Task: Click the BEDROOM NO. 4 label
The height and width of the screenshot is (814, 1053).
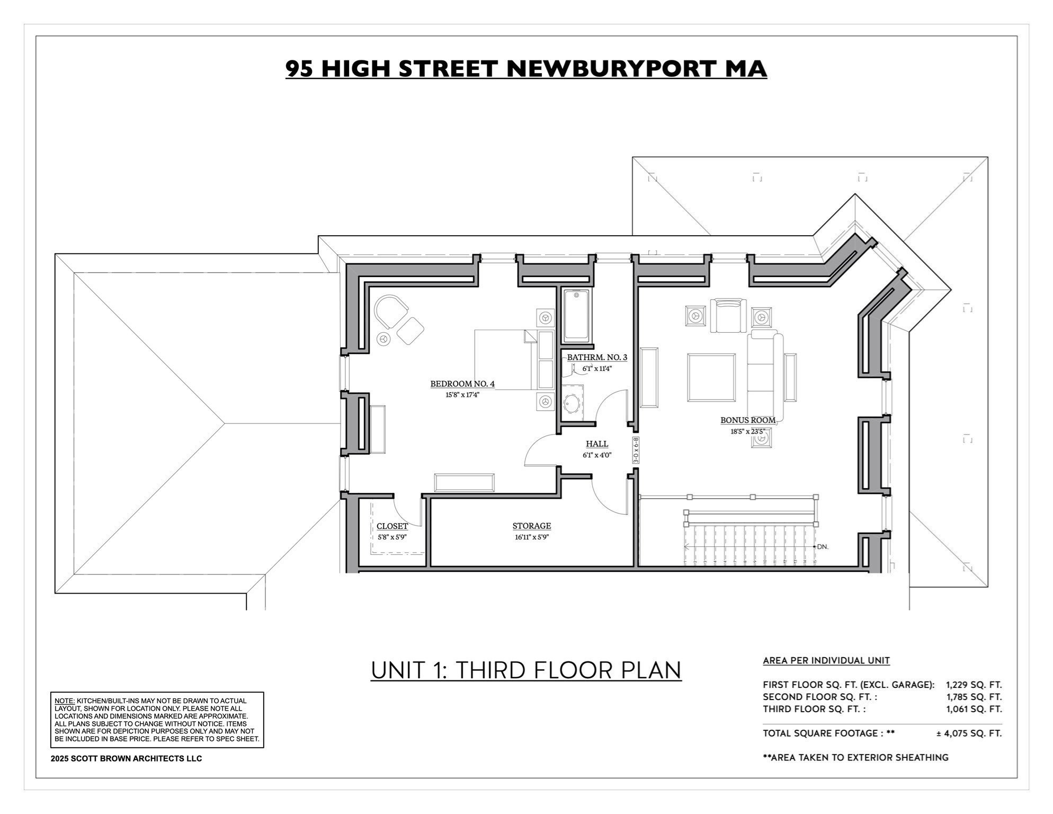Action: [x=462, y=384]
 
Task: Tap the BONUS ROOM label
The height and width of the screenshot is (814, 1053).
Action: [x=747, y=420]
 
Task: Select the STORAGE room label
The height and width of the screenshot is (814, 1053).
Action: [x=531, y=526]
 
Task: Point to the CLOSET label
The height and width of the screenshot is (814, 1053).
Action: [x=392, y=526]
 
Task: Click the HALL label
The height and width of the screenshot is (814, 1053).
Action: [x=597, y=444]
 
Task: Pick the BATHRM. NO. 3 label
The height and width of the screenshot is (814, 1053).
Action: [x=597, y=357]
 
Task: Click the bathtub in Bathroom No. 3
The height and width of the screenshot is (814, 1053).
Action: [x=576, y=315]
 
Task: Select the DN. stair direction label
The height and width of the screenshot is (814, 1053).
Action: [x=822, y=546]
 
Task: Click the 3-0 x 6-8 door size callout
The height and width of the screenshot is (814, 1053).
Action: [x=636, y=450]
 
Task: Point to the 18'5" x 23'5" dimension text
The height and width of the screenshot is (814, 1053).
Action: [x=747, y=431]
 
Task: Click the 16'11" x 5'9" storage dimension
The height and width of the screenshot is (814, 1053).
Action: [x=531, y=537]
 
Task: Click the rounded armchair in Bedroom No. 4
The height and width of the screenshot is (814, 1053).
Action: [x=390, y=312]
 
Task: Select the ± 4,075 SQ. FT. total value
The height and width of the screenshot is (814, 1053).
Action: [x=969, y=733]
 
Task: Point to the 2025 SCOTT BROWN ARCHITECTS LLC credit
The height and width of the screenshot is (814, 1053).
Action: [x=126, y=758]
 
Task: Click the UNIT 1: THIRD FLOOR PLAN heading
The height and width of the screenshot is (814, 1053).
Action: [x=526, y=670]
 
